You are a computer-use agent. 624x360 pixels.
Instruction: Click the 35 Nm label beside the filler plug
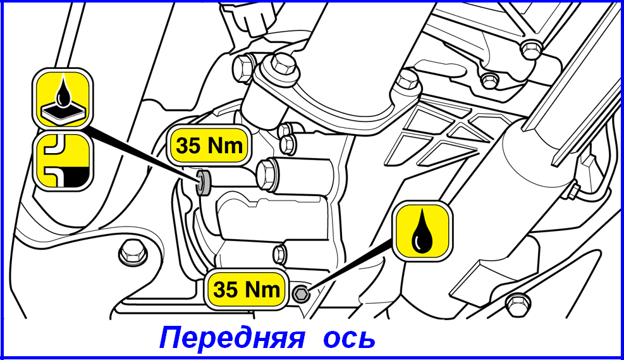209,145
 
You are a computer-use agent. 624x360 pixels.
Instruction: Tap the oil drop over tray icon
63,98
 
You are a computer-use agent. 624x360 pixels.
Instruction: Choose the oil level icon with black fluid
63,160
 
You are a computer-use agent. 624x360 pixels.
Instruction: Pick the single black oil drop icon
422,232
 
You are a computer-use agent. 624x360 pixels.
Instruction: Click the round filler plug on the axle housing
205,182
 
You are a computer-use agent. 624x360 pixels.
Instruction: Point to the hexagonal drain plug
300,294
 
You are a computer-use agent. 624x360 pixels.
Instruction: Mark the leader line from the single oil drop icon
350,266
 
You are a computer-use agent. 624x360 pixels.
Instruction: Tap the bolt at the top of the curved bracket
281,65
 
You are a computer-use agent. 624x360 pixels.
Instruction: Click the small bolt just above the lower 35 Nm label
281,253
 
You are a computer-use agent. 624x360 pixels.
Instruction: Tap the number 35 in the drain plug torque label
226,289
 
